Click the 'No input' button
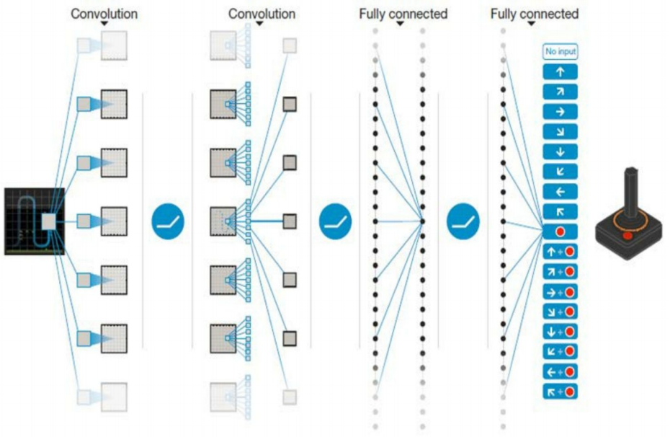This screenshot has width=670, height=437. coord(560,52)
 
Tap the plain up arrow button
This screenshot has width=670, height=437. coord(560,72)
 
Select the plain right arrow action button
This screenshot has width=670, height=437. coord(560,112)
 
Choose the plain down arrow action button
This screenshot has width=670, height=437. coord(560,152)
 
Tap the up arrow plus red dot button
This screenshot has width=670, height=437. coord(560,252)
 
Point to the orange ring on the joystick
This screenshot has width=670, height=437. coord(627,218)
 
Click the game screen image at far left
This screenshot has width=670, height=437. coord(34,221)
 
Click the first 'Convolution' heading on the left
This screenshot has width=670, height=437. coord(104,14)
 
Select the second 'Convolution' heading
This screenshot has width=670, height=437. coord(262,14)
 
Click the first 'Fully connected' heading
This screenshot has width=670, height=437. coord(403,14)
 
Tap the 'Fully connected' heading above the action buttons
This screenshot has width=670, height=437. coord(534,14)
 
